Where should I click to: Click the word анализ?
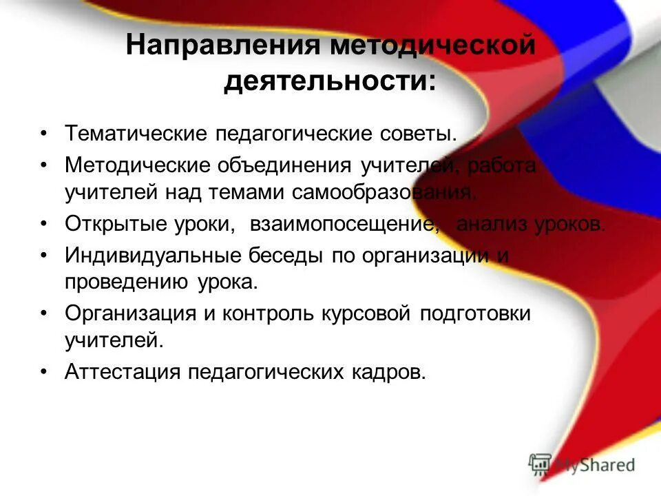[x=490, y=225]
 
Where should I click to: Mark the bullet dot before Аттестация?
[x=43, y=372]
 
